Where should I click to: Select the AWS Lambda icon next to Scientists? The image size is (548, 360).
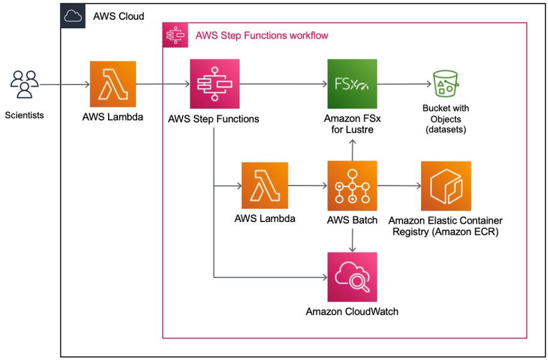(113, 84)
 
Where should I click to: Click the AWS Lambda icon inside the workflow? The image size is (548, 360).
(265, 185)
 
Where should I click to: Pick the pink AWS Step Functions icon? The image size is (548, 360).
(215, 84)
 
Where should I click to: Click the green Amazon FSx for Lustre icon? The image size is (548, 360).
(352, 84)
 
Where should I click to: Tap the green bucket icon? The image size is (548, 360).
(445, 85)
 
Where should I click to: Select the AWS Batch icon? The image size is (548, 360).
(352, 185)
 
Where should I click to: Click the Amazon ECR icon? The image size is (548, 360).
(446, 185)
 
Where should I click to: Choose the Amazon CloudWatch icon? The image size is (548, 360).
(352, 277)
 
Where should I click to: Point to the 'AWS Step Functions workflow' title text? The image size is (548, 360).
(261, 35)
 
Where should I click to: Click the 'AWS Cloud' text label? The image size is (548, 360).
(118, 16)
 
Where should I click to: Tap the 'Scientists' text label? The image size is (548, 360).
(24, 115)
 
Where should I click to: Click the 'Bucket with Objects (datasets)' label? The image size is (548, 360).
(446, 119)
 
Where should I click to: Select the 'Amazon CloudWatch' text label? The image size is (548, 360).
(352, 312)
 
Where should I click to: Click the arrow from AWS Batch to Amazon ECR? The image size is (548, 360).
(399, 186)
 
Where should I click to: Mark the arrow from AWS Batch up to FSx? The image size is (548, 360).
(352, 149)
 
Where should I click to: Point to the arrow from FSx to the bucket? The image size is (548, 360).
(401, 85)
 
